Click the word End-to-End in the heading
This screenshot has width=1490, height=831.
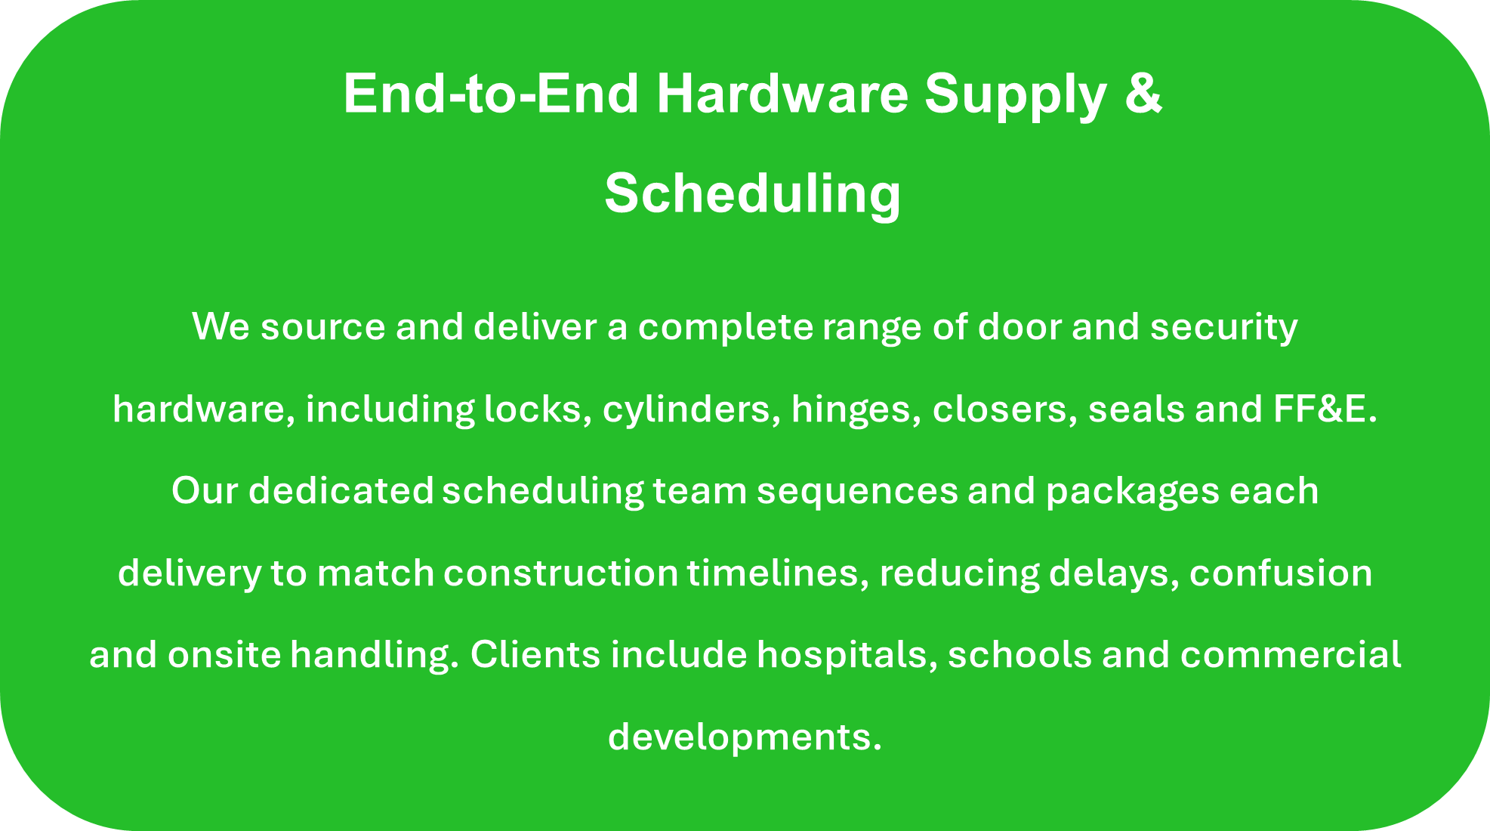click(x=492, y=93)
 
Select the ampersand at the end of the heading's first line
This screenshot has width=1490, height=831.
click(x=1143, y=93)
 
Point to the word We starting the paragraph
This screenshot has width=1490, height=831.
click(x=221, y=327)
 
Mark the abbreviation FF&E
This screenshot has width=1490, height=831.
click(x=1325, y=409)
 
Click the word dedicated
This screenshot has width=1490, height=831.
click(x=341, y=491)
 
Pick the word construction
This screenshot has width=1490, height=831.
click(x=560, y=573)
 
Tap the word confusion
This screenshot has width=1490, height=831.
click(x=1281, y=573)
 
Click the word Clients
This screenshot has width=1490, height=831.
click(x=535, y=654)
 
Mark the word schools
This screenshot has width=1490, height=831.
click(x=1020, y=654)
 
